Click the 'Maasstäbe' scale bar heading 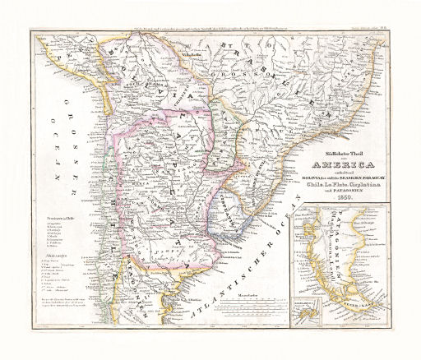tap(244, 293)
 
